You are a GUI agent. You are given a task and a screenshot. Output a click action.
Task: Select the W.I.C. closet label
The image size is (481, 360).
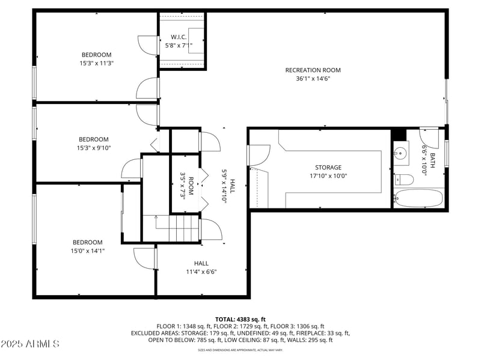coord(179,37)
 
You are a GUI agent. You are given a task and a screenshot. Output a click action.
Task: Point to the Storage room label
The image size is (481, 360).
coord(328,168)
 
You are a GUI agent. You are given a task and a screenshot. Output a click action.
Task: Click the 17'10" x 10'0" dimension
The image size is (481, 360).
coord(328,176)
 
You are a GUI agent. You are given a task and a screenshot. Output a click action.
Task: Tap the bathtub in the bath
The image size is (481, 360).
coord(418,198)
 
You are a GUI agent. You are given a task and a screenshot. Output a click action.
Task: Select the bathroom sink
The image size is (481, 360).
coord(400,153)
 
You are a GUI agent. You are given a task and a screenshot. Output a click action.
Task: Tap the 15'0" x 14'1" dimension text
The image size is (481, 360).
coord(88,251)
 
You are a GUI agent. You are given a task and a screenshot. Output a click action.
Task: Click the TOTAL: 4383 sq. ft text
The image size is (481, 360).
coord(240,319)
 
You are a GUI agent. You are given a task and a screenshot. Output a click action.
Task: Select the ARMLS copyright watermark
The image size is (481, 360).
coord(30,344)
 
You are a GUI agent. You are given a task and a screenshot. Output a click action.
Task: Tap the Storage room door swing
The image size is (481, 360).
coord(259,156)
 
